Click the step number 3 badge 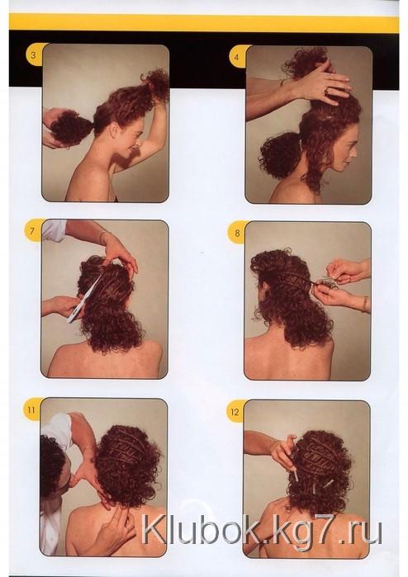tap(34, 56)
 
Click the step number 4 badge tap(237, 58)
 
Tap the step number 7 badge tap(32, 231)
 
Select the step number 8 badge tap(237, 233)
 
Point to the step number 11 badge tap(31, 409)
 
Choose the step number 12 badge tap(235, 412)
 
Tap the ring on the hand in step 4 tap(326, 90)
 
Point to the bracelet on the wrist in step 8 tap(365, 304)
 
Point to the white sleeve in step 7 tap(55, 229)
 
